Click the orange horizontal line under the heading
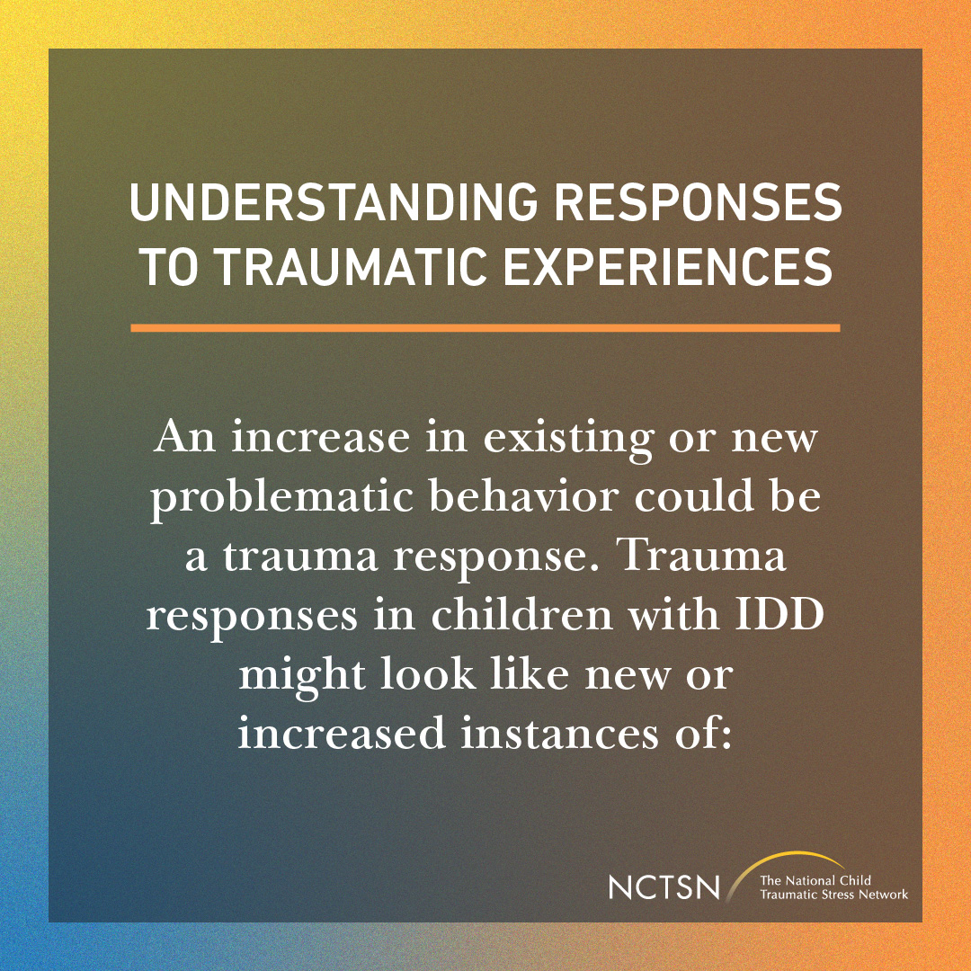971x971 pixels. [485, 328]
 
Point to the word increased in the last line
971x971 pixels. [342, 733]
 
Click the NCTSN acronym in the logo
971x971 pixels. [664, 886]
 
